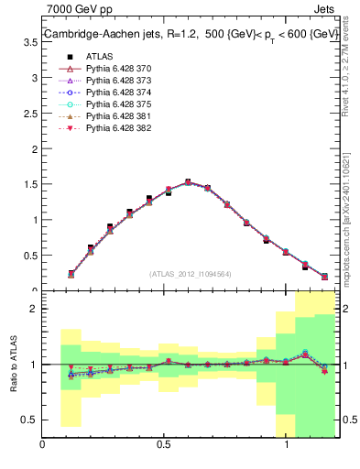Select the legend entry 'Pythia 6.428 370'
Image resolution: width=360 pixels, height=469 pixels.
pos(110,69)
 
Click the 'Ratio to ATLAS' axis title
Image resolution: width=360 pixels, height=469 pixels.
pos(13,364)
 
